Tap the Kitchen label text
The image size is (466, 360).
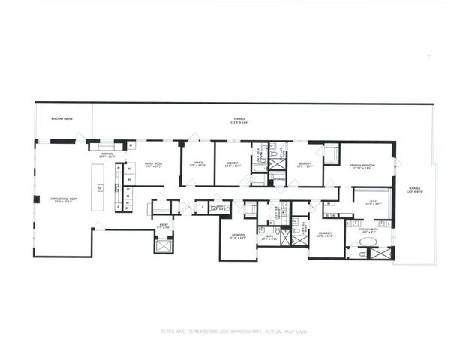(x=106, y=156)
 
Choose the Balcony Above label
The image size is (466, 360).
(x=61, y=118)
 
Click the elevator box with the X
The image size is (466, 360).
(x=164, y=244)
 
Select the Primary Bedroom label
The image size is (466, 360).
(x=362, y=167)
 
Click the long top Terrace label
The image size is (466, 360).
(x=239, y=119)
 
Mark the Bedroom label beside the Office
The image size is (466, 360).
(x=233, y=164)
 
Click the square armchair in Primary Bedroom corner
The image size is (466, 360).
(x=331, y=154)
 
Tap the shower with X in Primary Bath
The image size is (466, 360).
(x=380, y=253)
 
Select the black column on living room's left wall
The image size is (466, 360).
(x=36, y=199)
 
